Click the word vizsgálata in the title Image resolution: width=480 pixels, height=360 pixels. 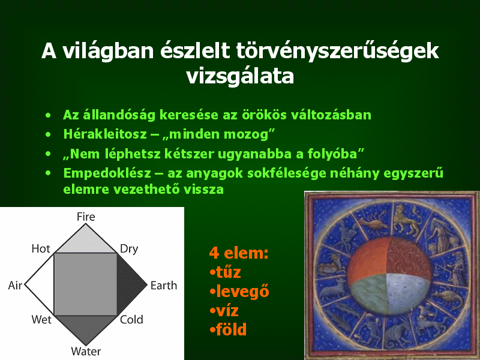[x=240, y=76]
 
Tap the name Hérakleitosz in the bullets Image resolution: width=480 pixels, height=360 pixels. [x=105, y=134]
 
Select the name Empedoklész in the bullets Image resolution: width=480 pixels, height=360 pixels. [x=107, y=173]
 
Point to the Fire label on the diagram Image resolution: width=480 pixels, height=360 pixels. [x=86, y=217]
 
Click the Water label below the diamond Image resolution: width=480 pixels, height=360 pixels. [x=86, y=351]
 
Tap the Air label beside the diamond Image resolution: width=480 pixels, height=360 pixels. [x=15, y=286]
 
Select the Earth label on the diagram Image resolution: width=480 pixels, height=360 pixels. [x=164, y=286]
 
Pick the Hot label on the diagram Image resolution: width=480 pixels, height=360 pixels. [x=41, y=248]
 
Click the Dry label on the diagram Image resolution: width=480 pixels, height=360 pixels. [x=129, y=249]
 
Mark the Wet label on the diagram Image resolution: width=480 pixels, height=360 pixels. [x=41, y=320]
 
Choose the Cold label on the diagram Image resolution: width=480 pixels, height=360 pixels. [x=131, y=320]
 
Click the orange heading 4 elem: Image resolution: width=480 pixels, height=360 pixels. [x=239, y=253]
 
